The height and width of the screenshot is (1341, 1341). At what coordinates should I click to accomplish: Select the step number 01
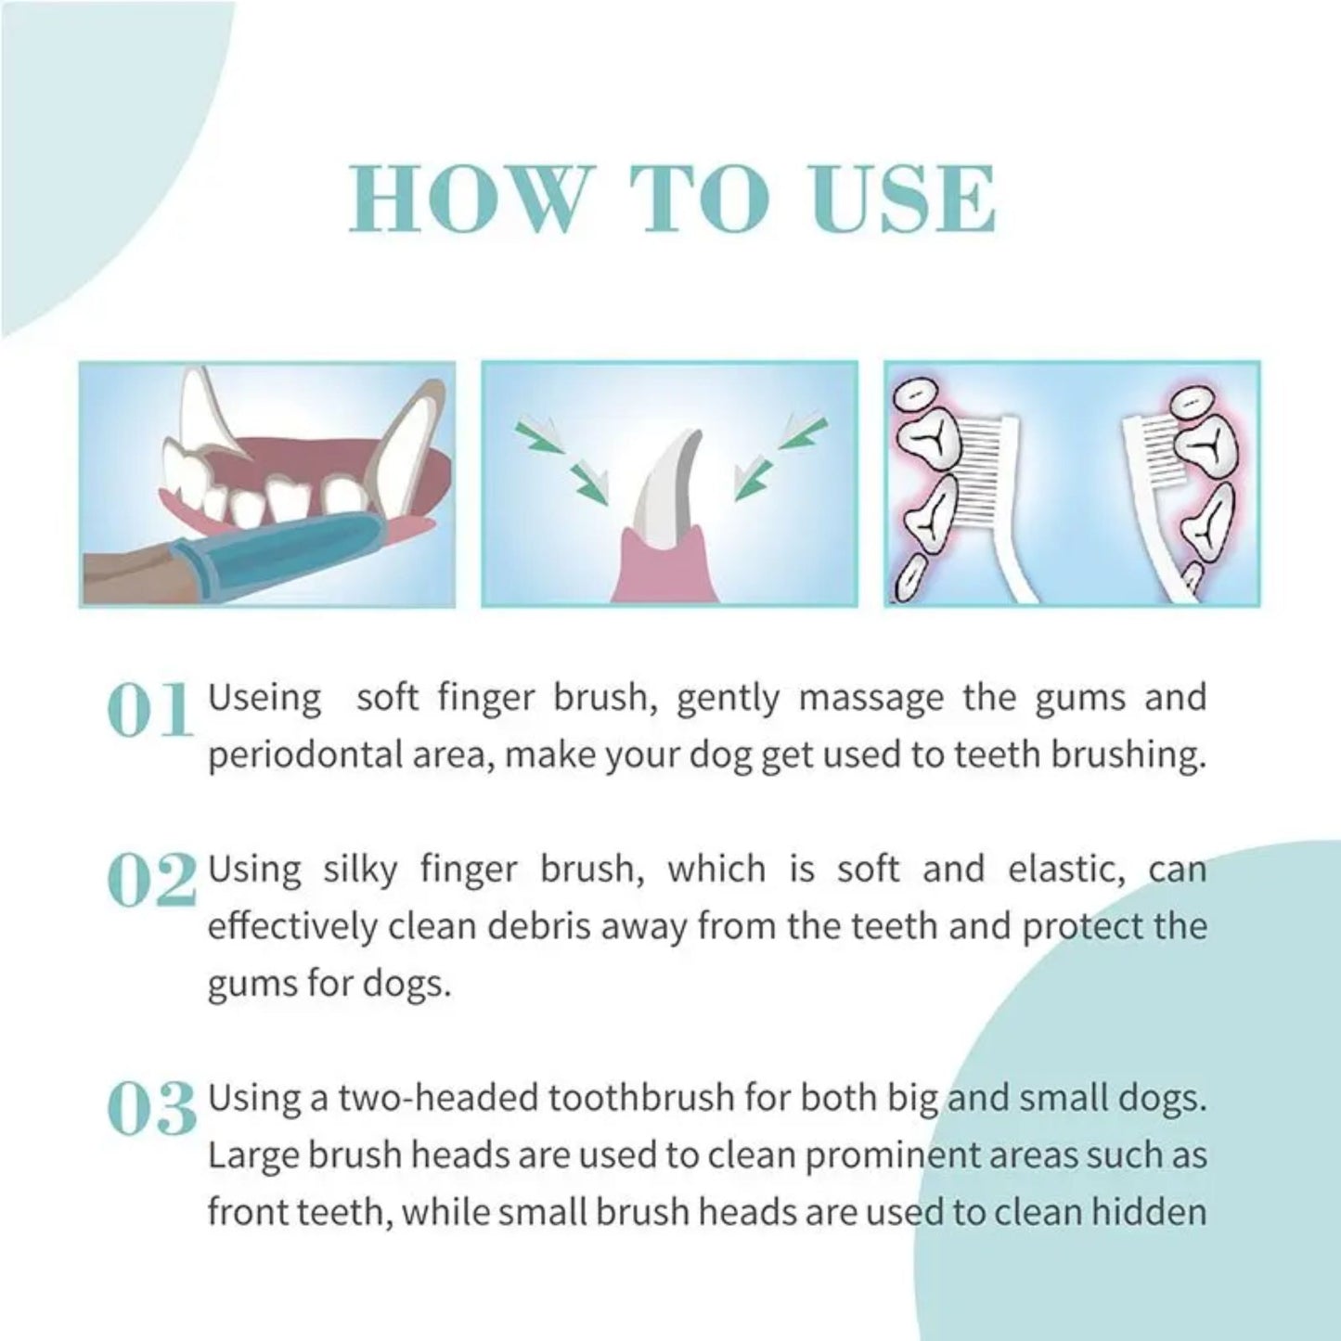pyautogui.click(x=150, y=713)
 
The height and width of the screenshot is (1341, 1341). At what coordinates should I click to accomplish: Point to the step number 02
pyautogui.click(x=152, y=882)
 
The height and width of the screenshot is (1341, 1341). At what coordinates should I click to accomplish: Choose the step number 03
pyautogui.click(x=152, y=1109)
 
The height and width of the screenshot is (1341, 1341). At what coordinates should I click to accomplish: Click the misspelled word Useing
pyautogui.click(x=264, y=698)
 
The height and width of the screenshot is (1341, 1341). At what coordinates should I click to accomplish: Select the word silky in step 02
pyautogui.click(x=361, y=870)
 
